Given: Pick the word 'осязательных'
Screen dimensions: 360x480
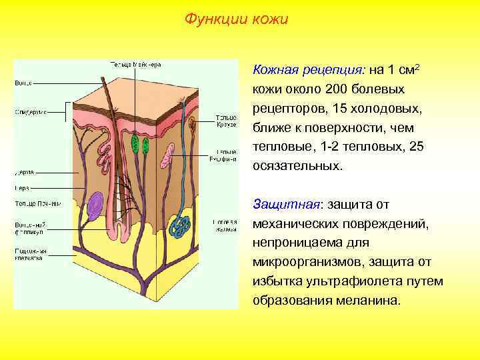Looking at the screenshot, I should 297,165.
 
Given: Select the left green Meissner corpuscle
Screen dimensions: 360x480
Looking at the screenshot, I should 135,144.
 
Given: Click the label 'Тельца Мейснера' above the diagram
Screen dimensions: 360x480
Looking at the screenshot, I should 135,65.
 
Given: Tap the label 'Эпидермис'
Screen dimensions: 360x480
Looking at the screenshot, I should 31,111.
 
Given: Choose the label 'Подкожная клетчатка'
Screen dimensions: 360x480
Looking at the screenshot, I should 31,253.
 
